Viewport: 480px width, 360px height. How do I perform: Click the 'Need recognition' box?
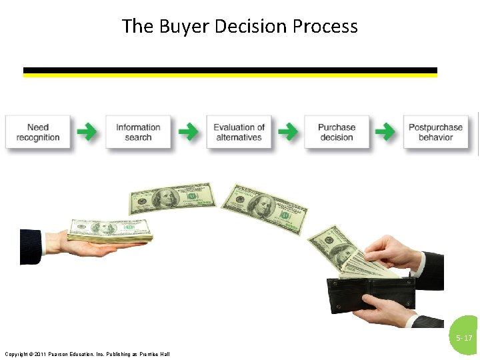click(x=38, y=132)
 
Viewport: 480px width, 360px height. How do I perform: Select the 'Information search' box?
click(x=138, y=132)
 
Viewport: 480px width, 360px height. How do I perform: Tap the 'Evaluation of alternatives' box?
click(x=239, y=132)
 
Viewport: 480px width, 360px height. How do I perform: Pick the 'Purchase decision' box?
click(x=337, y=132)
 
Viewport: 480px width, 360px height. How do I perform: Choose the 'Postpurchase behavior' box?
click(x=435, y=132)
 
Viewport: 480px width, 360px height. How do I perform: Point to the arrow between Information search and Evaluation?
click(x=188, y=132)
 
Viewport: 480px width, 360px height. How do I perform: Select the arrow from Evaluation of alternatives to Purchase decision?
click(x=287, y=132)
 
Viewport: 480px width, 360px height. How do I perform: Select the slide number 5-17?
click(x=464, y=338)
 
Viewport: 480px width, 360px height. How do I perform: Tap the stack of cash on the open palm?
click(x=110, y=230)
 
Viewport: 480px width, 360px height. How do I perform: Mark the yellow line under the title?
click(x=230, y=75)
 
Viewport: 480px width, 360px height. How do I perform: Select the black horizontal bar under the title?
click(x=230, y=70)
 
